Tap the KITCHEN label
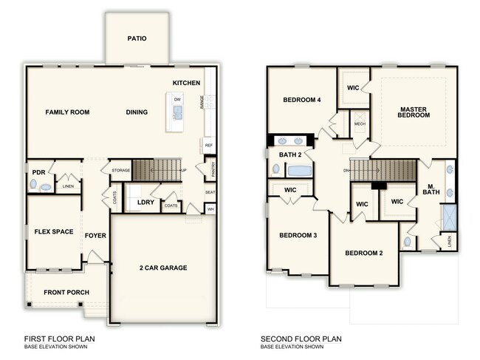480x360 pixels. coord(186,83)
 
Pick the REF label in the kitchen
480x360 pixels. coord(208,146)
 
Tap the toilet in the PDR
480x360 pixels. coord(44,188)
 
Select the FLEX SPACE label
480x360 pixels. coord(53,232)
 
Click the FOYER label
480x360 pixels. coord(95,237)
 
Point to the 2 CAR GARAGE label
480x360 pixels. coord(162,268)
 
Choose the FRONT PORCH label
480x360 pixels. coord(66,293)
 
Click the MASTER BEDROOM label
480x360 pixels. coord(414,111)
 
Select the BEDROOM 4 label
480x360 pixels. coord(301,100)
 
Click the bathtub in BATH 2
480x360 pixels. coord(299,171)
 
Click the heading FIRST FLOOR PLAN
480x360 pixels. coord(64,340)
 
